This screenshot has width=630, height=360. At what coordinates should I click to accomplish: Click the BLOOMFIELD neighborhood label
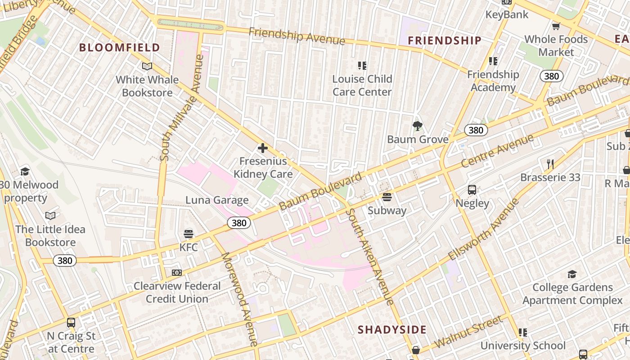tap(120, 47)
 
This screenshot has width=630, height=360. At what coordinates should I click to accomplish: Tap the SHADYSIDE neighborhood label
tap(392, 329)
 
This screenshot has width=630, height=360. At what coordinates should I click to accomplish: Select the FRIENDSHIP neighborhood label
tap(445, 40)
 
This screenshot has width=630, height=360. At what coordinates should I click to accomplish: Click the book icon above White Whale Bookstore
tap(147, 67)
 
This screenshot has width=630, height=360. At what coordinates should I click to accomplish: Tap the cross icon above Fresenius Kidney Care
tap(263, 148)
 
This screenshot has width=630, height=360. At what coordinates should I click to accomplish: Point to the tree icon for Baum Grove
tap(418, 126)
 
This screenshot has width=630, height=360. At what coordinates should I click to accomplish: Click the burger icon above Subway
tap(387, 197)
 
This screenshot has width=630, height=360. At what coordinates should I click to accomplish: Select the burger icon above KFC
tap(189, 234)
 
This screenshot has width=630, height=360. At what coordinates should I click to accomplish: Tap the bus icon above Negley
tap(472, 190)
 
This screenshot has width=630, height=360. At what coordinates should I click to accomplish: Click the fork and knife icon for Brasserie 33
tap(550, 164)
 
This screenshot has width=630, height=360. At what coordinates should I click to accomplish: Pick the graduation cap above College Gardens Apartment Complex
tap(572, 274)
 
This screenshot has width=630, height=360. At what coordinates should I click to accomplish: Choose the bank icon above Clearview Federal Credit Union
tap(177, 273)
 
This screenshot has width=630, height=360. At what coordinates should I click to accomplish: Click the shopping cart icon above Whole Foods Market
tap(556, 26)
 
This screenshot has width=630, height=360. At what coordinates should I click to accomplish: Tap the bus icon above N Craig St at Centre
tap(71, 323)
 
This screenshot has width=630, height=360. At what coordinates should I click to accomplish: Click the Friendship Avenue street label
tap(297, 36)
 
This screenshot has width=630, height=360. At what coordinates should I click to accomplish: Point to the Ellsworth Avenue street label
tap(484, 229)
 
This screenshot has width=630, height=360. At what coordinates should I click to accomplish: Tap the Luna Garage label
tap(217, 200)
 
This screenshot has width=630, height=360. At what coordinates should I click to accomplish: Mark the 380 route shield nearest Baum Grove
tap(476, 130)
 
